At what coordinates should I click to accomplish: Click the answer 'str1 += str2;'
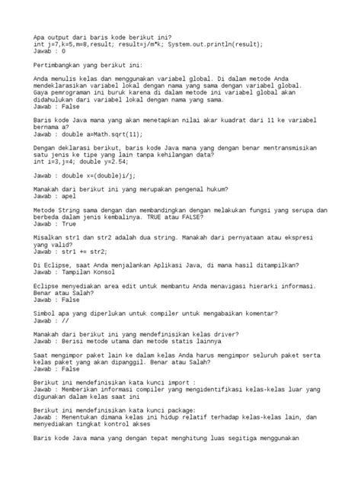coord(94,271)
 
